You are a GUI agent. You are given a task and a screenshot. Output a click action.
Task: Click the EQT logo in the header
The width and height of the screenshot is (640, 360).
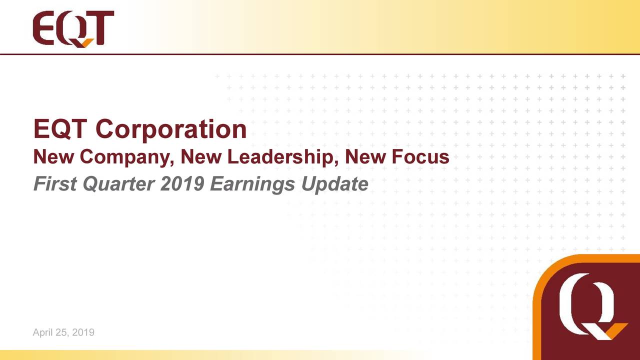coord(73,29)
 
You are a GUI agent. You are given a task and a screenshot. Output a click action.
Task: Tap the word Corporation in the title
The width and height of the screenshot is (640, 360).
coord(171,129)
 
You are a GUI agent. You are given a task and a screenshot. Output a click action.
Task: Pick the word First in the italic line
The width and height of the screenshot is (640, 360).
coord(53,184)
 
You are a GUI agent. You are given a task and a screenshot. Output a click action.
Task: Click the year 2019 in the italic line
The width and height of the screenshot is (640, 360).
coord(182,184)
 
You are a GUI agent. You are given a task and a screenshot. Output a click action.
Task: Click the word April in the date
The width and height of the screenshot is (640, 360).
coord(42,332)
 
